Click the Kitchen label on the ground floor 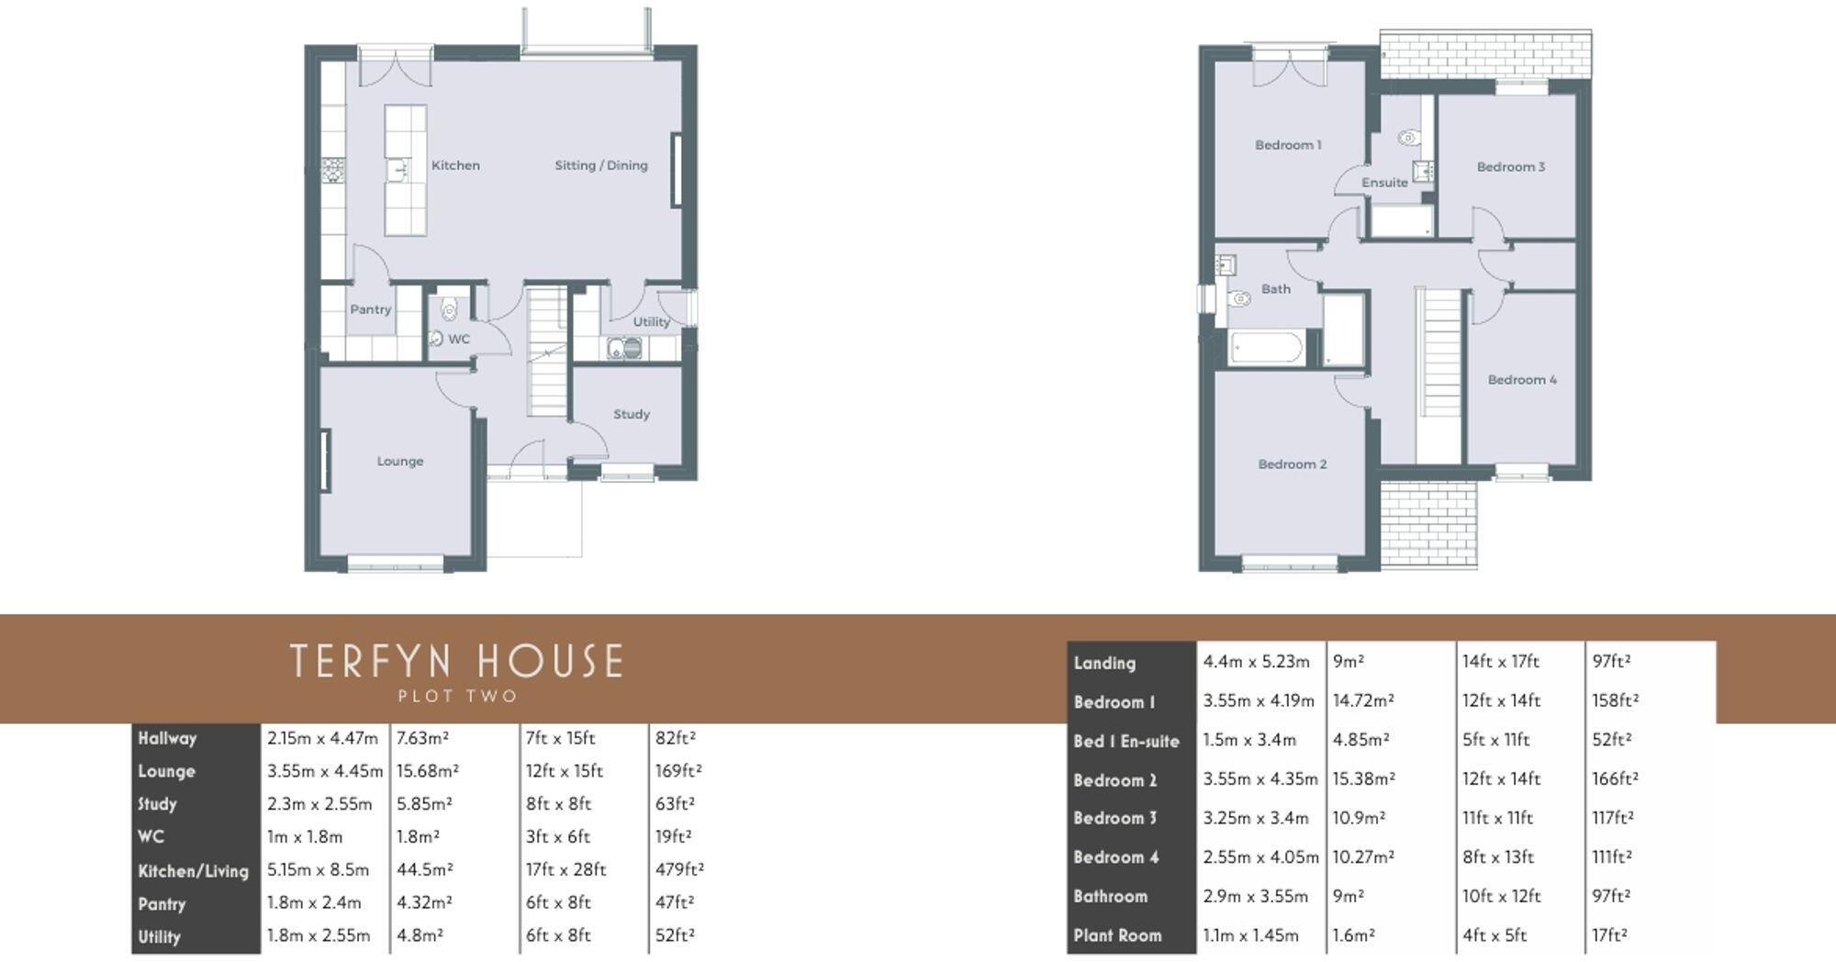pyautogui.click(x=455, y=166)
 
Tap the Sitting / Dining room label pyautogui.click(x=600, y=166)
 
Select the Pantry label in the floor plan pyautogui.click(x=370, y=309)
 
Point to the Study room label pyautogui.click(x=631, y=415)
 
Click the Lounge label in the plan pyautogui.click(x=399, y=462)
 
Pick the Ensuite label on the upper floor pyautogui.click(x=1384, y=183)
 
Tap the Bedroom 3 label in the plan pyautogui.click(x=1510, y=167)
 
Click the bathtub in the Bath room pyautogui.click(x=1265, y=349)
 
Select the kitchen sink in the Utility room pyautogui.click(x=624, y=349)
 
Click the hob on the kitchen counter pyautogui.click(x=332, y=170)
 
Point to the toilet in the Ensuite pyautogui.click(x=1407, y=139)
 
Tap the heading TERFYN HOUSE pyautogui.click(x=456, y=661)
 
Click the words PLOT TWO pyautogui.click(x=457, y=697)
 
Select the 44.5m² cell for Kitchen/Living pyautogui.click(x=425, y=869)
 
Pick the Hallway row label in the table pyautogui.click(x=167, y=738)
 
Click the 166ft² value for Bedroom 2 pyautogui.click(x=1615, y=779)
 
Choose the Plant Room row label pyautogui.click(x=1117, y=936)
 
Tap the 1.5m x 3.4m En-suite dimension pyautogui.click(x=1249, y=740)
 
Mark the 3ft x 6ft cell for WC pyautogui.click(x=557, y=837)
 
